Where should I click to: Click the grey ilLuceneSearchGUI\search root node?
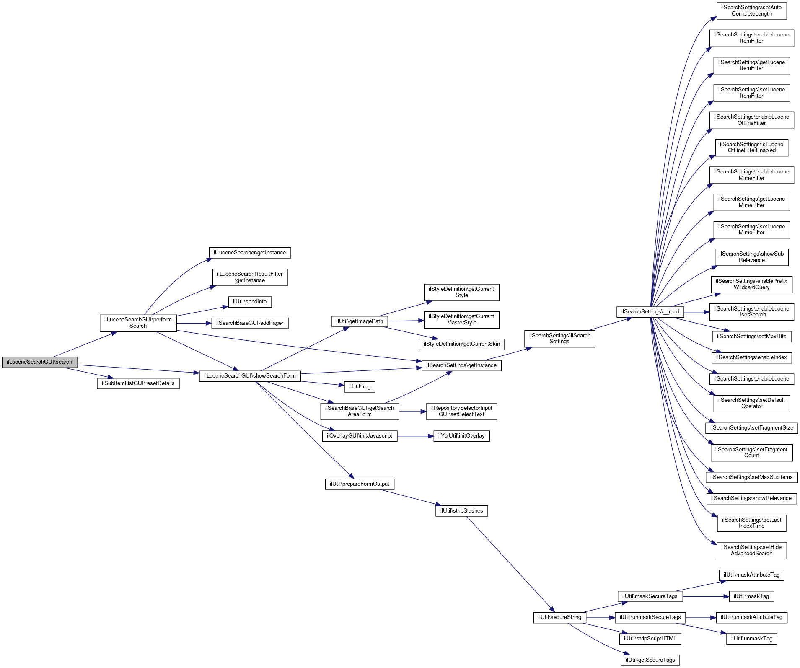[39, 362]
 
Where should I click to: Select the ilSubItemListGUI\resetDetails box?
[138, 383]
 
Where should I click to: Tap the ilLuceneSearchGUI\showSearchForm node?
[250, 376]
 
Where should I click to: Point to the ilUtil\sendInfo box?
[250, 302]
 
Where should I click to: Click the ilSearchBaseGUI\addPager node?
[250, 323]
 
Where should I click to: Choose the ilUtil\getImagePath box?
[360, 321]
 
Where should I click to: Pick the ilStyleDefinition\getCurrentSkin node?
[461, 344]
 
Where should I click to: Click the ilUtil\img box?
[360, 387]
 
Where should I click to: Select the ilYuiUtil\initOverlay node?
[461, 436]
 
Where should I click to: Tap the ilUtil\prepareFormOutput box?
[360, 484]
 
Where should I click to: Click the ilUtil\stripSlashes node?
[461, 511]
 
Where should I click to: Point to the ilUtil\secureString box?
[559, 617]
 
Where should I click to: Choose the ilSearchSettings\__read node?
[650, 312]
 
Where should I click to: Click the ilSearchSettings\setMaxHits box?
[751, 337]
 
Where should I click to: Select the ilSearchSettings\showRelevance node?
[751, 498]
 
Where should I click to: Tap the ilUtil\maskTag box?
[751, 596]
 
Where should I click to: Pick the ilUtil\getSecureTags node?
[650, 660]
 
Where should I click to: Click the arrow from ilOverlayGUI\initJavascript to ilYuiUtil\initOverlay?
[415, 436]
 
